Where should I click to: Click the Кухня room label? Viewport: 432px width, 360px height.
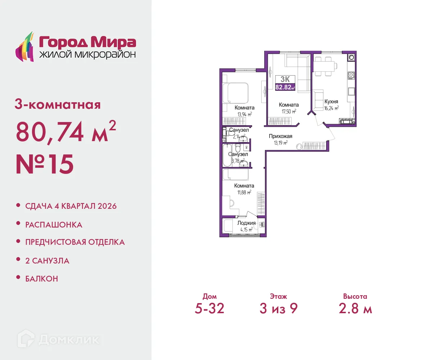331,102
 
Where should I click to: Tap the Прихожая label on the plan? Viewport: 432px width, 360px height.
280,136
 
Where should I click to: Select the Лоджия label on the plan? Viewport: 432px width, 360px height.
246,223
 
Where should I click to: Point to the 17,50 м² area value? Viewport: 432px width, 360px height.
289,112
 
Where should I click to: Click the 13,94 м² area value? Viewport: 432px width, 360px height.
244,114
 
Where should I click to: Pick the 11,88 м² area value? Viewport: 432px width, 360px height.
244,192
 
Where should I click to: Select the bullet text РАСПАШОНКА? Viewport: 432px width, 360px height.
54,225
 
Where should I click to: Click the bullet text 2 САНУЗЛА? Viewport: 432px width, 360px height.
47,261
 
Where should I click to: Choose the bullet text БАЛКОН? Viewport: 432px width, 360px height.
42,279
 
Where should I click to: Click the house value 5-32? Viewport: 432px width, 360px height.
210,309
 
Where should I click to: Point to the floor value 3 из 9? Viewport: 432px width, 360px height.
278,309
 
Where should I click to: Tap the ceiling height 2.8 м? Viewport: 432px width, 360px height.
355,309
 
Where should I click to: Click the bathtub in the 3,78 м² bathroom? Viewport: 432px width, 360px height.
227,156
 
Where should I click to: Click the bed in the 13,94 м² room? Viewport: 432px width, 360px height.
235,93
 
